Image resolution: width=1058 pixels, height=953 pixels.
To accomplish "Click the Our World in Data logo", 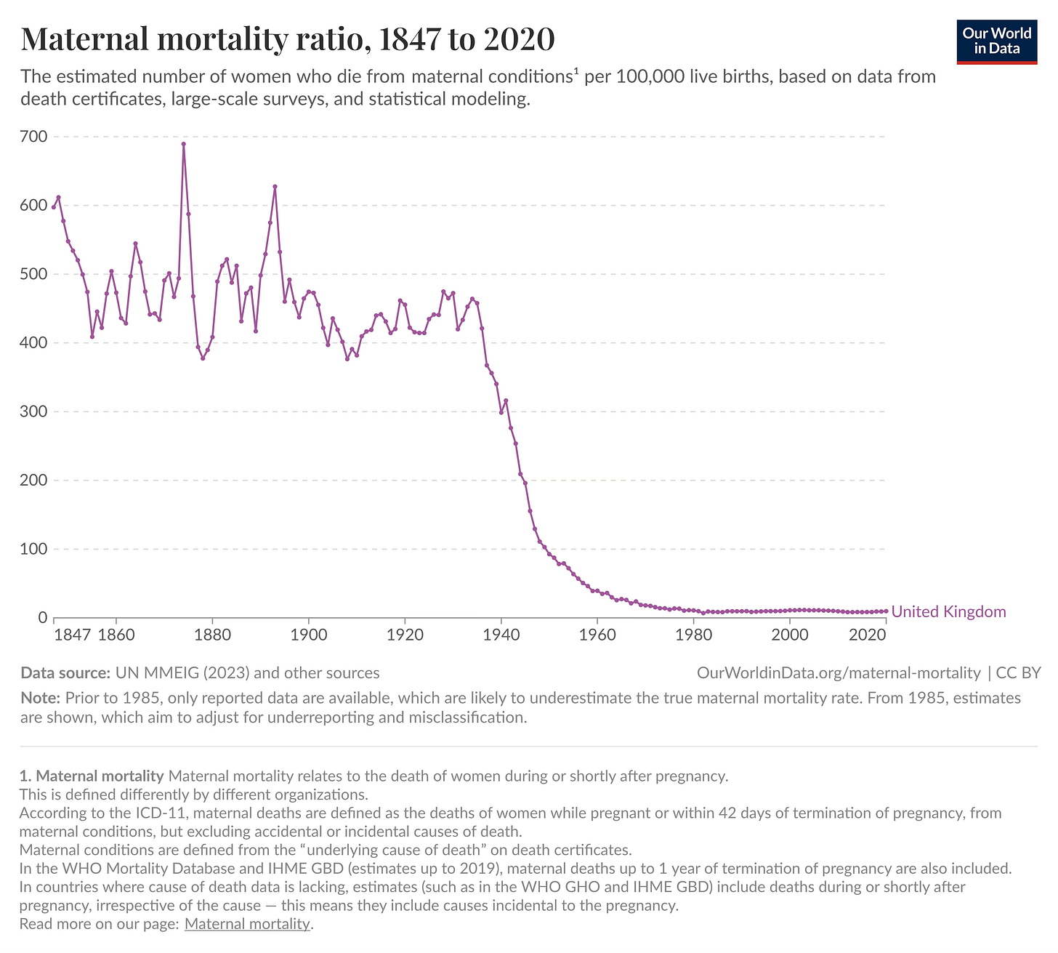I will (x=996, y=42).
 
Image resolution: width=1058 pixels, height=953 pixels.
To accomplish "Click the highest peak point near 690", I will (x=184, y=144).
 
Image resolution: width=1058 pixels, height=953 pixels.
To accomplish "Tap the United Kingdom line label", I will (x=948, y=612).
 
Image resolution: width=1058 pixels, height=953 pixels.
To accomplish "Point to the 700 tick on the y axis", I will (x=34, y=137).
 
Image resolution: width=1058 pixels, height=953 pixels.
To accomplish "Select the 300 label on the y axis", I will (x=34, y=411).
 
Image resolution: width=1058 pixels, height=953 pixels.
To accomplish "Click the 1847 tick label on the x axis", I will (x=72, y=634).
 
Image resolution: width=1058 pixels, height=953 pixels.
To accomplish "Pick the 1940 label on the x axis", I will (x=501, y=634).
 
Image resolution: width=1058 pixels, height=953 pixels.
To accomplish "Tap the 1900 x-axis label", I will (x=309, y=634).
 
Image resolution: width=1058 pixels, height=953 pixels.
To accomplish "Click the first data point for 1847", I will (x=54, y=207).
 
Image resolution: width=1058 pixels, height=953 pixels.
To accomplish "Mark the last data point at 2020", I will (x=886, y=611).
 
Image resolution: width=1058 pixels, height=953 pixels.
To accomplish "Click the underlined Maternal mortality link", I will (x=247, y=925).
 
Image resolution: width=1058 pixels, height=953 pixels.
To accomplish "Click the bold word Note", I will (x=39, y=699).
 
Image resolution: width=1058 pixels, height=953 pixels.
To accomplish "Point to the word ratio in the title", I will (x=320, y=39).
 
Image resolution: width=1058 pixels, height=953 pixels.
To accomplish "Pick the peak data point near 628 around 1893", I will (x=275, y=187).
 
